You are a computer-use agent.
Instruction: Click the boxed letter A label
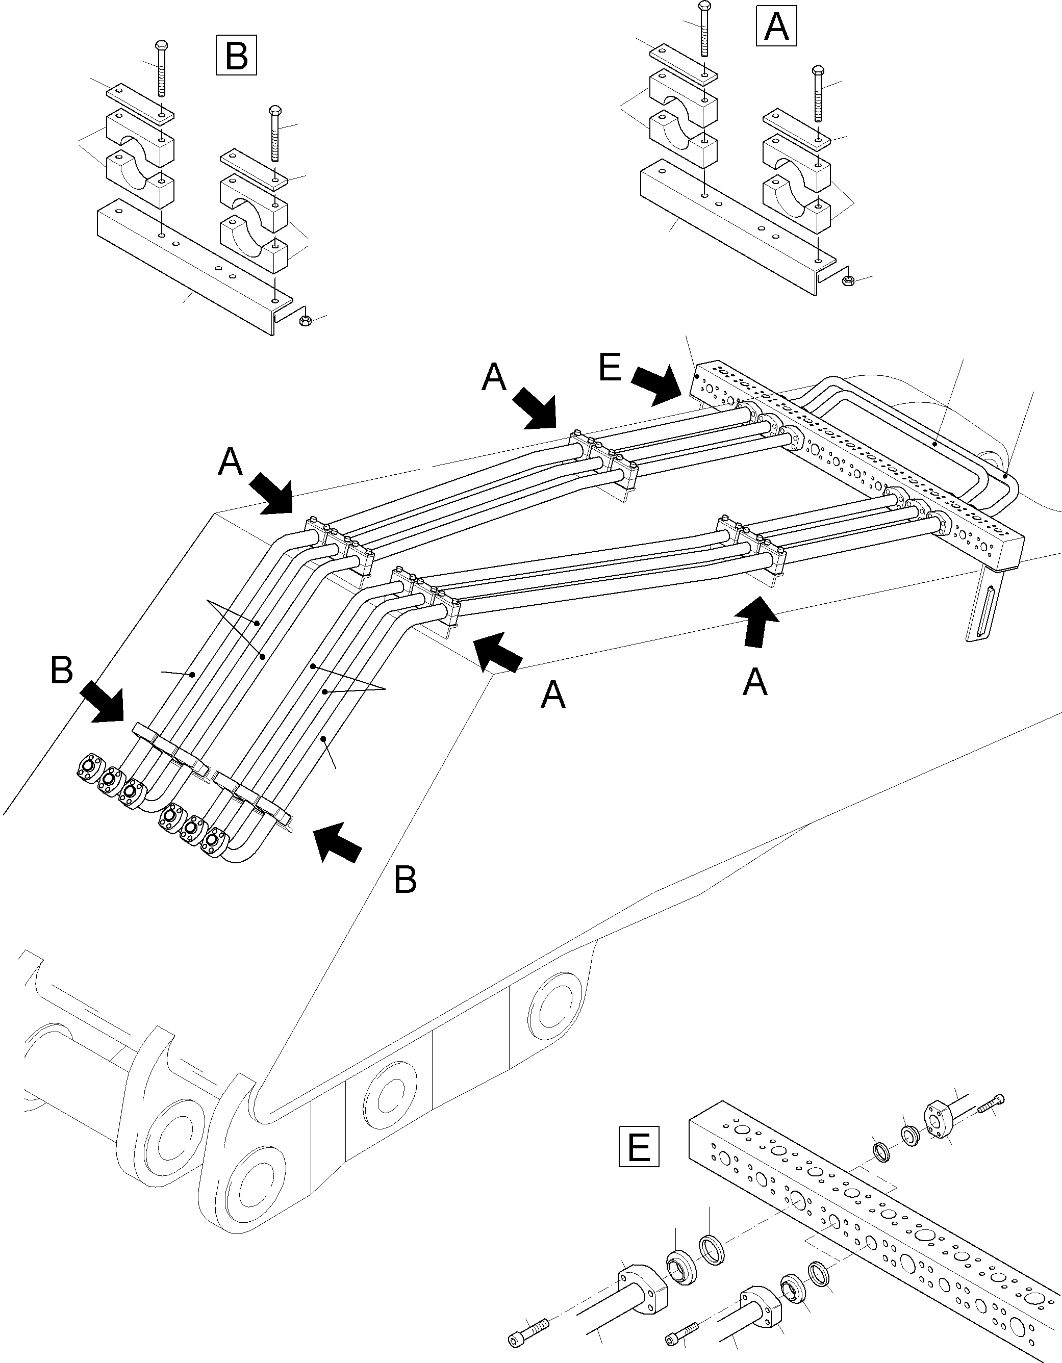pyautogui.click(x=776, y=26)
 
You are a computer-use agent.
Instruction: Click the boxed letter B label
pyautogui.click(x=236, y=56)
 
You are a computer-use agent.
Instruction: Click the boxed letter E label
pyautogui.click(x=638, y=1146)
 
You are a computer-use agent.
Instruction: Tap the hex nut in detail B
pyautogui.click(x=306, y=321)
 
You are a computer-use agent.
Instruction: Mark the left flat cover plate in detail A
pyautogui.click(x=683, y=62)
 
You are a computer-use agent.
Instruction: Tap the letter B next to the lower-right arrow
pyautogui.click(x=405, y=880)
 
